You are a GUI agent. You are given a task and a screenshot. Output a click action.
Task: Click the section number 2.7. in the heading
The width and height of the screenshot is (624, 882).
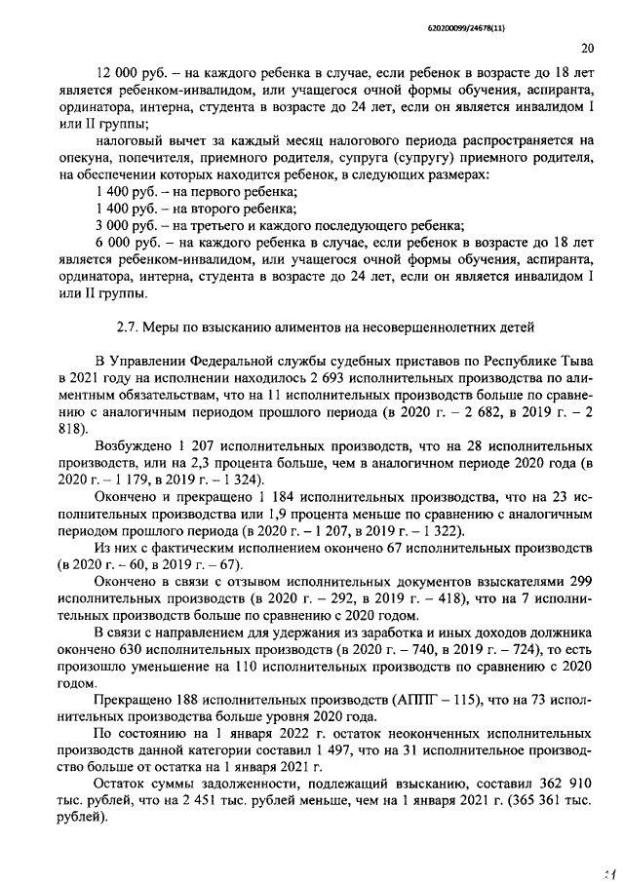(129, 324)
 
